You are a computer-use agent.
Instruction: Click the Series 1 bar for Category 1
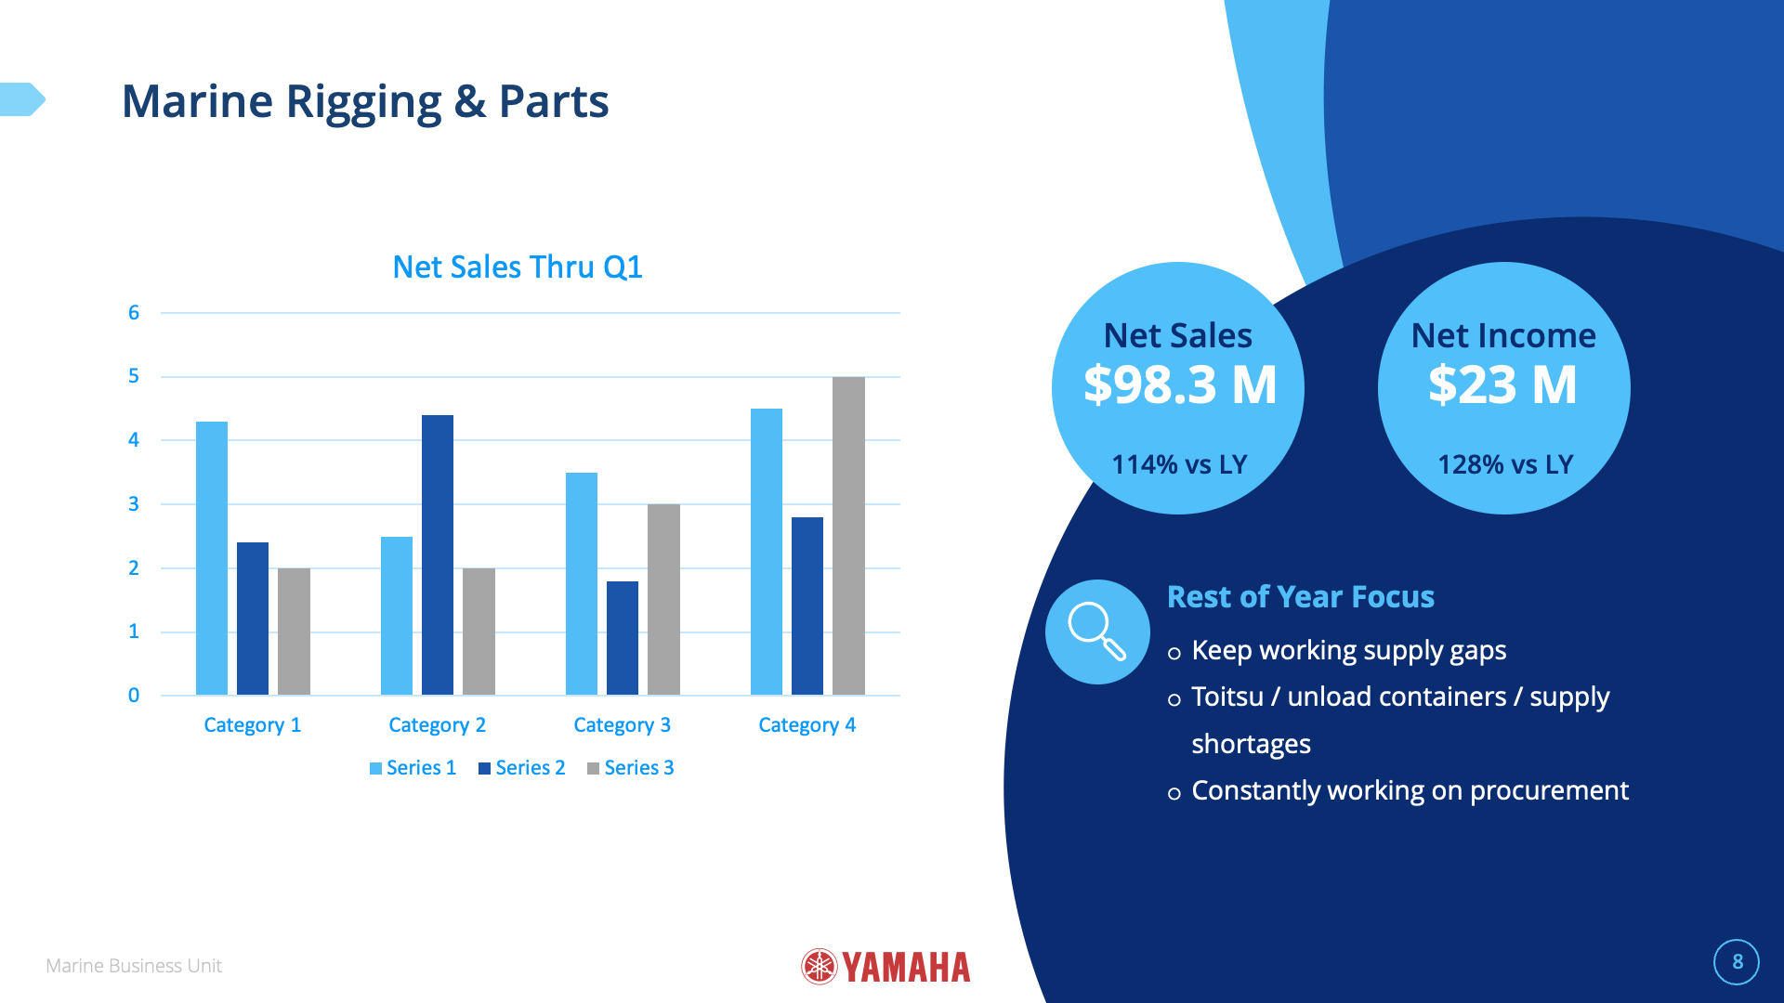[x=212, y=557]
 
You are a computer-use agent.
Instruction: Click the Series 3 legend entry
[x=631, y=768]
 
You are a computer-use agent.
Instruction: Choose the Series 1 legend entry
[x=413, y=768]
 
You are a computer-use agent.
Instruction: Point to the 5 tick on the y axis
[x=134, y=376]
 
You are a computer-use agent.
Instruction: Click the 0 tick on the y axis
[x=134, y=696]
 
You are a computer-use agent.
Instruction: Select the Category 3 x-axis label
[x=622, y=725]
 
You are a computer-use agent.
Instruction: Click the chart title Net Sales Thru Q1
[x=518, y=267]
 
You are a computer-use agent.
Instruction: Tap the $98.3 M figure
[x=1180, y=384]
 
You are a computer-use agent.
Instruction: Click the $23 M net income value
[x=1502, y=384]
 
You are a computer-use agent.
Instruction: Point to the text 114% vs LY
[x=1179, y=464]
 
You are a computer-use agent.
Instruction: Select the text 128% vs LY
[x=1505, y=464]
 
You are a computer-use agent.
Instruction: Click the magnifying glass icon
[x=1097, y=632]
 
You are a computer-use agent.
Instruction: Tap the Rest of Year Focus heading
[x=1300, y=597]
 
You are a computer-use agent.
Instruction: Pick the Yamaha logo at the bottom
[x=885, y=967]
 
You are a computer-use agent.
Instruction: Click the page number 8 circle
[x=1737, y=962]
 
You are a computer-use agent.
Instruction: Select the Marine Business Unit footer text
[x=134, y=966]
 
